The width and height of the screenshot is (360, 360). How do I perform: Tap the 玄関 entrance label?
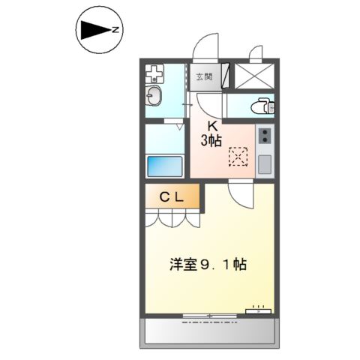203,76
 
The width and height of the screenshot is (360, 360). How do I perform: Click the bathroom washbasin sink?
154,95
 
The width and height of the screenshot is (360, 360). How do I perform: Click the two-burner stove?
265,136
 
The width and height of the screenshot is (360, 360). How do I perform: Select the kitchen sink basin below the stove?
265,163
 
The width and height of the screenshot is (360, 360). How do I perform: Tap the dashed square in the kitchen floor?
238,156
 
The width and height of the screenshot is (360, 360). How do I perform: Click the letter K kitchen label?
212,125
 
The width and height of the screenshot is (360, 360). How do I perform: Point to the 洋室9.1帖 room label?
207,265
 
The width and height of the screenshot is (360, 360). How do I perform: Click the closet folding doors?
173,219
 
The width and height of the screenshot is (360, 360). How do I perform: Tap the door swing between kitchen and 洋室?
241,196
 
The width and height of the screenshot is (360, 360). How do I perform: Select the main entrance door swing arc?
205,49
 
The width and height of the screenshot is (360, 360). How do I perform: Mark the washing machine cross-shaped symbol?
154,74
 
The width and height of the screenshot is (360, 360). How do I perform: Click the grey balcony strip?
209,330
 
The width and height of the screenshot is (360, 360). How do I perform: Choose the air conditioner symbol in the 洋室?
257,309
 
